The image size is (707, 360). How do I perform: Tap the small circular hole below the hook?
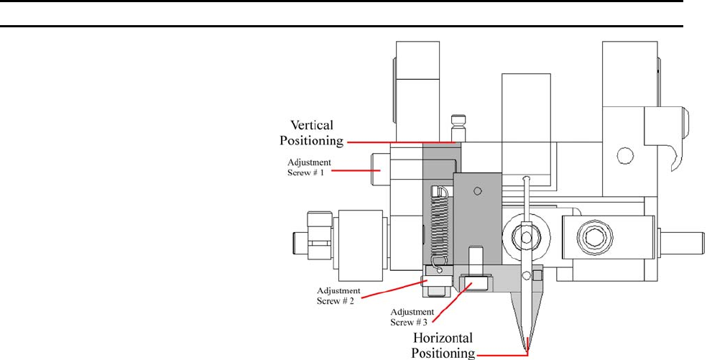625,155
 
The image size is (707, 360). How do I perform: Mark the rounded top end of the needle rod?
527,179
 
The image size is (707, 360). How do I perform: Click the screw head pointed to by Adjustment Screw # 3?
471,282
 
